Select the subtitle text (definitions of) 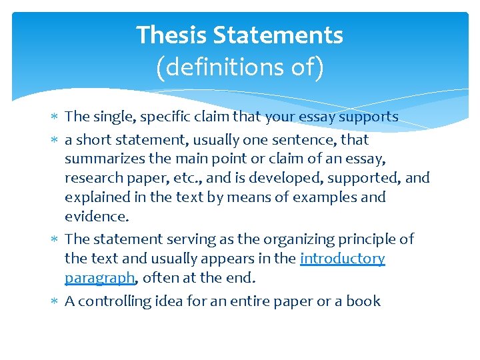click(x=239, y=67)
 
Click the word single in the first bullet click(x=115, y=117)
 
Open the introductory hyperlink click(x=343, y=258)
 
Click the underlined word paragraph click(x=99, y=277)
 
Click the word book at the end click(x=364, y=301)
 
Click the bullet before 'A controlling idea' click(x=56, y=302)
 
